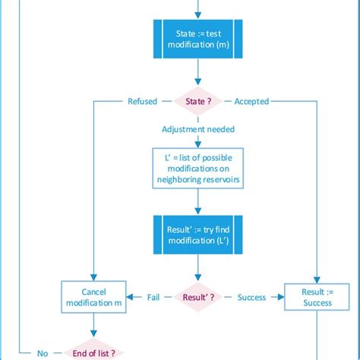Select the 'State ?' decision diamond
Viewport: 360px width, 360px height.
(197, 101)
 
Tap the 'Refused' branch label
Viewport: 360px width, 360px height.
(142, 101)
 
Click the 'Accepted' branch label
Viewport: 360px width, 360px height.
(251, 101)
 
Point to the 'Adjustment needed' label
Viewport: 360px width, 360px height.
(197, 130)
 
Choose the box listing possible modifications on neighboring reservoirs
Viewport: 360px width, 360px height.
(197, 167)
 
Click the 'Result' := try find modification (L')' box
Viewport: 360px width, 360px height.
(197, 234)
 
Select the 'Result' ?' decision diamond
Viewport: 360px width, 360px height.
(197, 297)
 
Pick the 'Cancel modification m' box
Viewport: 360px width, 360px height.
(93, 297)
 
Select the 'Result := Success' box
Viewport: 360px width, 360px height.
(317, 297)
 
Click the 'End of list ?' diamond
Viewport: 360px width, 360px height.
(93, 352)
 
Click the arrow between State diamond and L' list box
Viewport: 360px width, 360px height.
(197, 141)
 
